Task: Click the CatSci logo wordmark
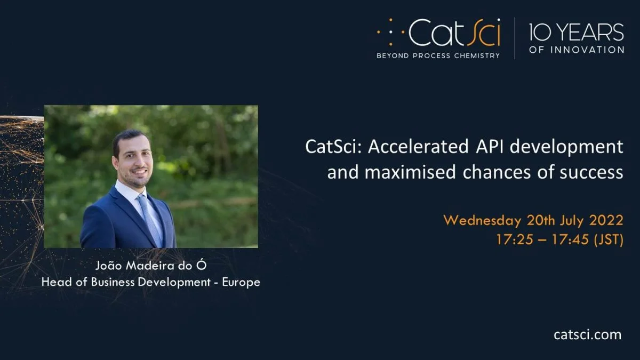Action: (454, 33)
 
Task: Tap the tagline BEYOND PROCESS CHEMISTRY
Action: (438, 55)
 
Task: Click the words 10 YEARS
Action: (577, 33)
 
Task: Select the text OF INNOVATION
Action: (577, 50)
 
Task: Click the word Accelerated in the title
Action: (418, 147)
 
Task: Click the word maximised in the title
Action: (410, 172)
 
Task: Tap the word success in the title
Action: (591, 173)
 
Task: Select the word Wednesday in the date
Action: (483, 221)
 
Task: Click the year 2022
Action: (606, 220)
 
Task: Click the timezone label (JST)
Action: (609, 239)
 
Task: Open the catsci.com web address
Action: (587, 334)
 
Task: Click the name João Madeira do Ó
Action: (151, 266)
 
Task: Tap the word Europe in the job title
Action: (241, 282)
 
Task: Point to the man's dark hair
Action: (130, 140)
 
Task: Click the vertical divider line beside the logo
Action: (515, 38)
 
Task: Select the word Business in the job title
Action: (113, 282)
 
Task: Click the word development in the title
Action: (566, 147)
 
